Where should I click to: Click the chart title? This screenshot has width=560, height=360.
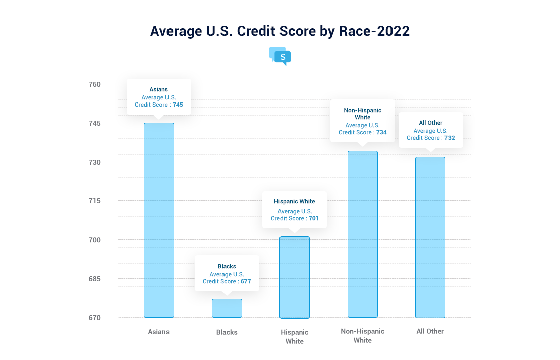click(279, 31)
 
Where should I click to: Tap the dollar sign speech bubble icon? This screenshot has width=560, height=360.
click(280, 56)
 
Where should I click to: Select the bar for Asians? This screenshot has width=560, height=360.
click(159, 220)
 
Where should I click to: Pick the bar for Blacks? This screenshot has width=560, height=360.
click(227, 308)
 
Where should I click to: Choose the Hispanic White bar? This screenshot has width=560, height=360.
click(295, 277)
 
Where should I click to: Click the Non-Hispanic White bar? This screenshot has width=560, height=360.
click(363, 234)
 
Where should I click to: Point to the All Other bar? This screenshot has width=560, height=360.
click(430, 237)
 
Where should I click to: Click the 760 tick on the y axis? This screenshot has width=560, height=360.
click(95, 84)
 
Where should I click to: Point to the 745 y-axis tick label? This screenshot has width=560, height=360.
click(95, 123)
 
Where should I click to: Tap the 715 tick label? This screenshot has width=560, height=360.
click(95, 201)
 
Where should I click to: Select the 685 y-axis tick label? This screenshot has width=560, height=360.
click(95, 279)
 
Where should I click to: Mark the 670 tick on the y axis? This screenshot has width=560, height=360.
click(95, 318)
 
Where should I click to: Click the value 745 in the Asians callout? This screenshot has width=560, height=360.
click(178, 105)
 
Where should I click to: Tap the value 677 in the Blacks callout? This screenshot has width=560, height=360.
click(246, 281)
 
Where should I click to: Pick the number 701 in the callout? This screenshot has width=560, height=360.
click(314, 218)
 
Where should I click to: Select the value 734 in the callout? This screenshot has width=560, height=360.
click(382, 132)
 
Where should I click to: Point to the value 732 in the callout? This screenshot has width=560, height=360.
click(450, 138)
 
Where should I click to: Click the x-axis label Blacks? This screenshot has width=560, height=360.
click(227, 332)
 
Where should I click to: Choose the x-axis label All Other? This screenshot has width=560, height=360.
click(430, 331)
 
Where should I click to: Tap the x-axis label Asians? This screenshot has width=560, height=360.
click(159, 332)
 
